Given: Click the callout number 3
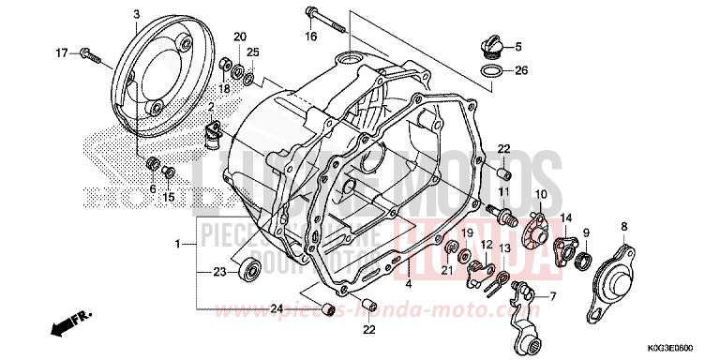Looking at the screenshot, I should [x=136, y=14].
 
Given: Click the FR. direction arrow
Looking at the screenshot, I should [x=63, y=327].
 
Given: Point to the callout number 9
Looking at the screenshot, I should [x=586, y=232].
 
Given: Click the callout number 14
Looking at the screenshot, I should [x=565, y=217].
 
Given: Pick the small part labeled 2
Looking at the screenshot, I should [x=211, y=137].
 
